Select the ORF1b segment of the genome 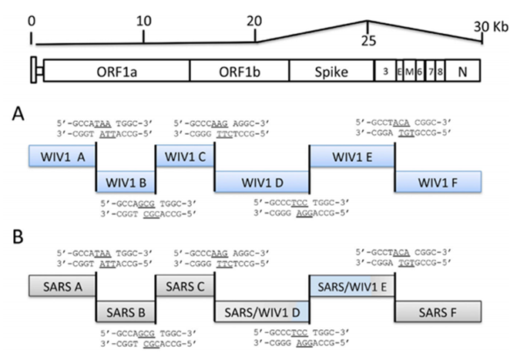239,71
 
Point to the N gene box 462,71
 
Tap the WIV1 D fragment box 262,183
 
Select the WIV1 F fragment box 438,183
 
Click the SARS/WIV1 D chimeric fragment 262,311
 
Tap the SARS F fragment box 438,311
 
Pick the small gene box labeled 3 384,71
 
